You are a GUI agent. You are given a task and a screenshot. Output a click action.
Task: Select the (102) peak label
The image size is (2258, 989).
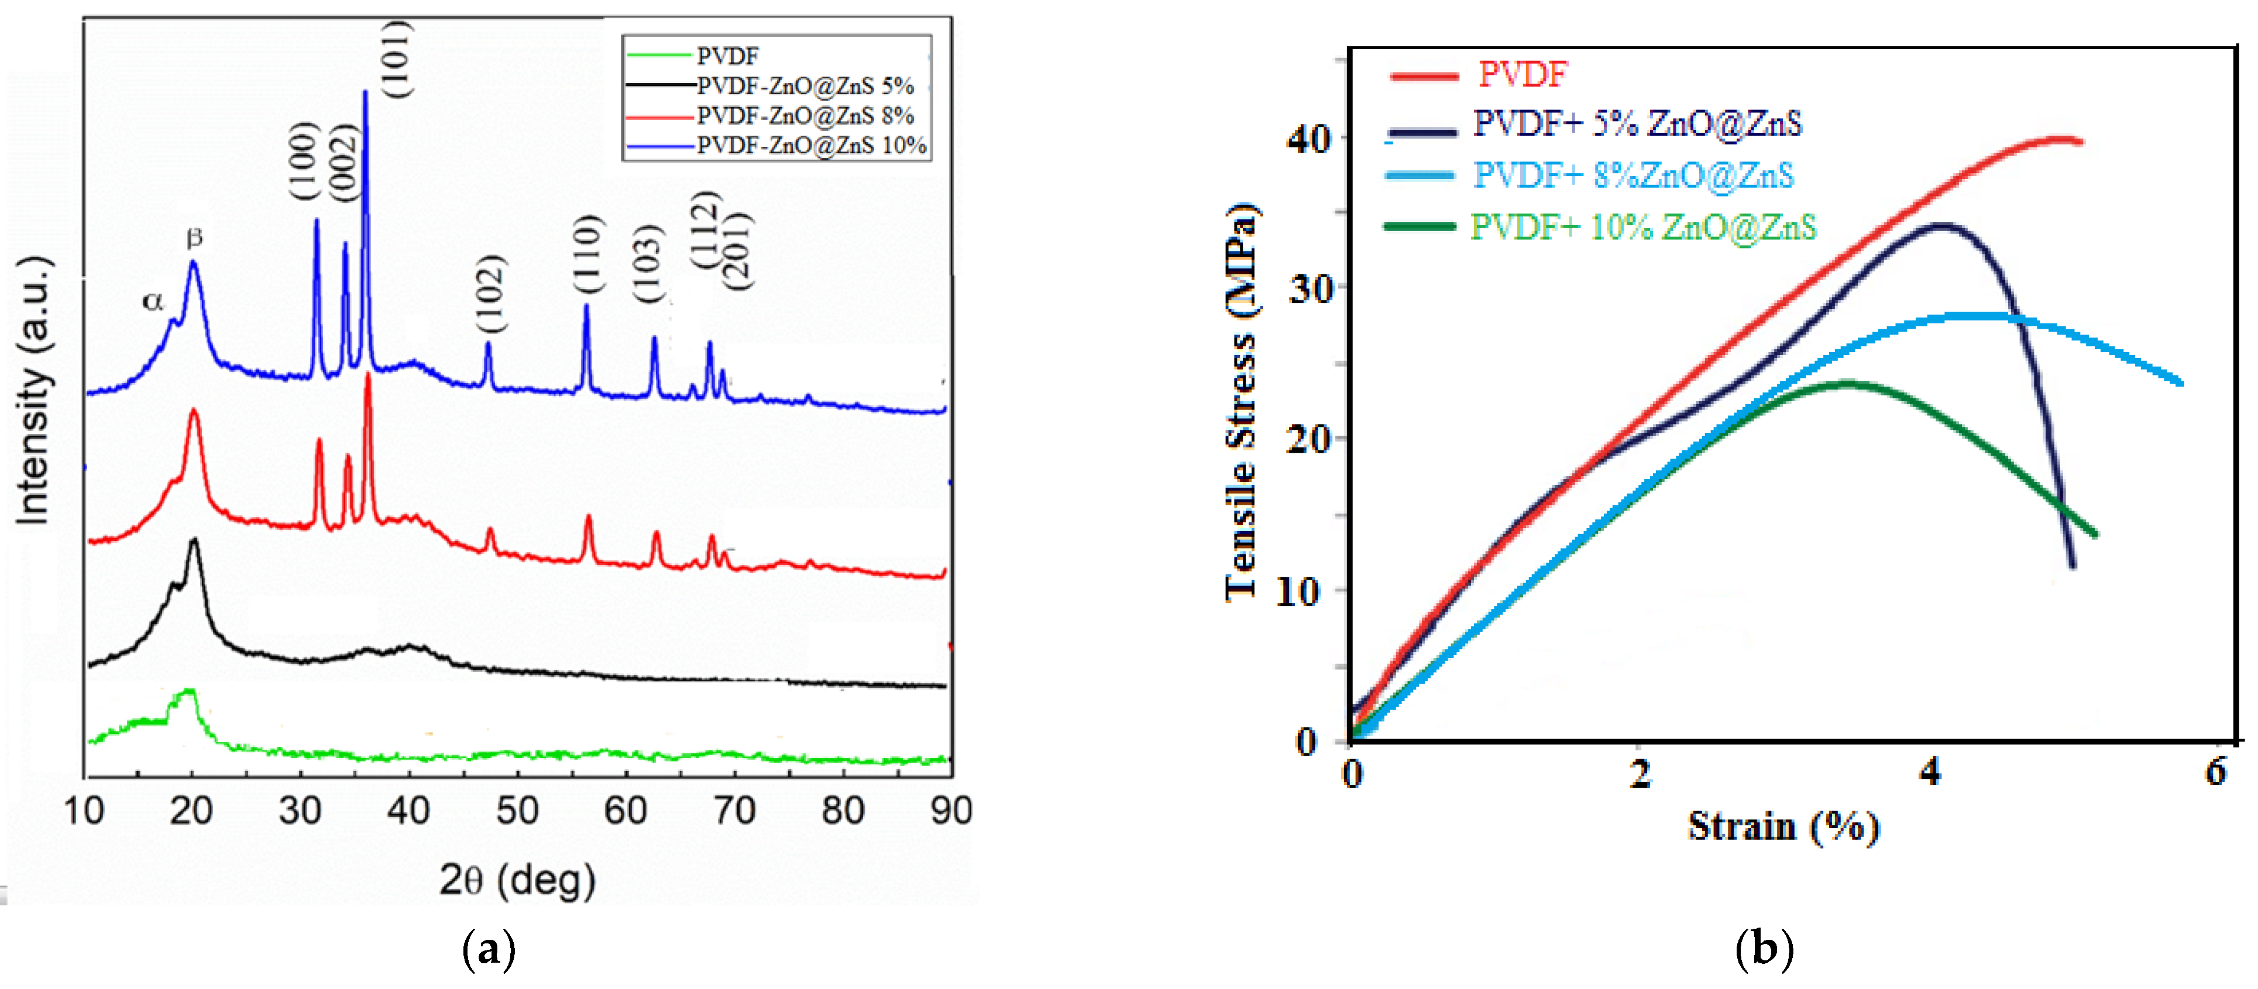[491, 294]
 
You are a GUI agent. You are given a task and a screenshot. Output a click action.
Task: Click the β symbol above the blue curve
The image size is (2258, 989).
[195, 237]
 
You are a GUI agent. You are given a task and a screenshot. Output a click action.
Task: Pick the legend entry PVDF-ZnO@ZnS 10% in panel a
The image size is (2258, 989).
[811, 146]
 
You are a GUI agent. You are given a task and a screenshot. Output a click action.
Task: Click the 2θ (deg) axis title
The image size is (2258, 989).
[517, 880]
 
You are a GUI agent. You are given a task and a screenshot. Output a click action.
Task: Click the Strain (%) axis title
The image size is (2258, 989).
[1783, 826]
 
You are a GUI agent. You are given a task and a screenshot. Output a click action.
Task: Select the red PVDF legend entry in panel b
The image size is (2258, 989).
[1522, 74]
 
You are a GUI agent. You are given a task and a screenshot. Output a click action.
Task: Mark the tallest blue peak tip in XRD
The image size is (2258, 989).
[365, 92]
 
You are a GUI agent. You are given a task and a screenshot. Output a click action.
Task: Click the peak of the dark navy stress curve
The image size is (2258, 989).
[1941, 225]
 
